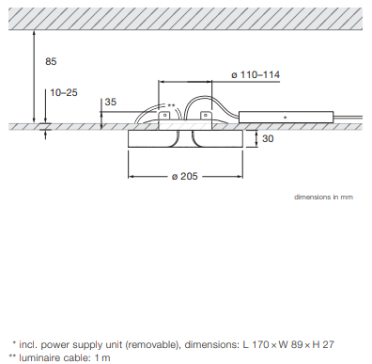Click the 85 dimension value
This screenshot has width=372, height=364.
pos(51,61)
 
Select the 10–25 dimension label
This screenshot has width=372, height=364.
pos(64,93)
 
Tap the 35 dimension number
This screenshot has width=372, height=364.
pos(110,102)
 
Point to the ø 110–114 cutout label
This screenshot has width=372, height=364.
pos(256,75)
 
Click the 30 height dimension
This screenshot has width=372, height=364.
pos(268,138)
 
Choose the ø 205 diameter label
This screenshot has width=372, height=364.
pos(185,176)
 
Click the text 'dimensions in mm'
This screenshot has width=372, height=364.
pos(323,197)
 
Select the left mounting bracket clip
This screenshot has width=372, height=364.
pos(164,117)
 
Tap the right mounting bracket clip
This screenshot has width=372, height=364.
pos(206,117)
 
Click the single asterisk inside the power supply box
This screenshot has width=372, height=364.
pos(285,118)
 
